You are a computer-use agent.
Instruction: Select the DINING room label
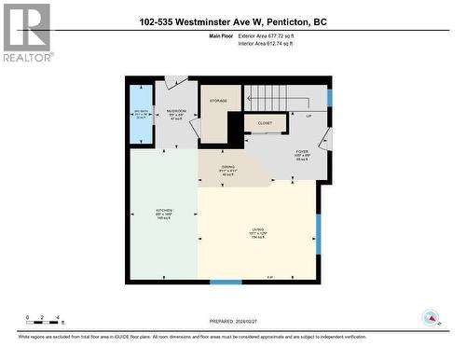click(x=228, y=169)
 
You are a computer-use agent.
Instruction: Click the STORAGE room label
click(x=218, y=100)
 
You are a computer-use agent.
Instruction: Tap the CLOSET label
click(x=265, y=121)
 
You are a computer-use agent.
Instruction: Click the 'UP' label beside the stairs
click(x=308, y=117)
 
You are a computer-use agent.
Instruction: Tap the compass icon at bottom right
click(x=430, y=319)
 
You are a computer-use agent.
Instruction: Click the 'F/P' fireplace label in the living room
click(x=270, y=277)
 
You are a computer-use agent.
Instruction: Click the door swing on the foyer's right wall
click(x=325, y=140)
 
